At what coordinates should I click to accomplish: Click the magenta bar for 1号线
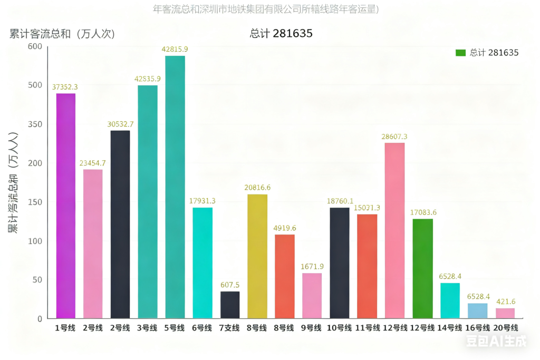(66, 206)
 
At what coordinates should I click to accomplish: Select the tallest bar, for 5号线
(175, 187)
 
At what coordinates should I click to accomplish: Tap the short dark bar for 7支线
(230, 305)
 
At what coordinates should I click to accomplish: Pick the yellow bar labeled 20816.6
(257, 256)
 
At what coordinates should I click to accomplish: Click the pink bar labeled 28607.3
(394, 230)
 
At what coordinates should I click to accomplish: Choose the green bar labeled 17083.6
(422, 268)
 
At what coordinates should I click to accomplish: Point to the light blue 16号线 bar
(477, 310)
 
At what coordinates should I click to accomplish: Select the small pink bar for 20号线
(505, 313)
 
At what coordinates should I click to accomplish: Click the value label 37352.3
(65, 87)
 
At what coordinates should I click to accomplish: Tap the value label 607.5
(230, 285)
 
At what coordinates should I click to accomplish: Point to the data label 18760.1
(340, 201)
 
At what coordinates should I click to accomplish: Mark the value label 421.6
(506, 301)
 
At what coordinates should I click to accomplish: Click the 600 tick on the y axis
(35, 46)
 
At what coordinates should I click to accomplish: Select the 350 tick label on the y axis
(35, 124)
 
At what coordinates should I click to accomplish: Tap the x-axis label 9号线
(312, 328)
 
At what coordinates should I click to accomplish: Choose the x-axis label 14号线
(450, 328)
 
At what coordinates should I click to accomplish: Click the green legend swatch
(460, 53)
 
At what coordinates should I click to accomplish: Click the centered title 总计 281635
(281, 34)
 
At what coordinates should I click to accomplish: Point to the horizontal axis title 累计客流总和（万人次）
(62, 34)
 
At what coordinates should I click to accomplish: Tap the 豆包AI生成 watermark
(496, 342)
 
